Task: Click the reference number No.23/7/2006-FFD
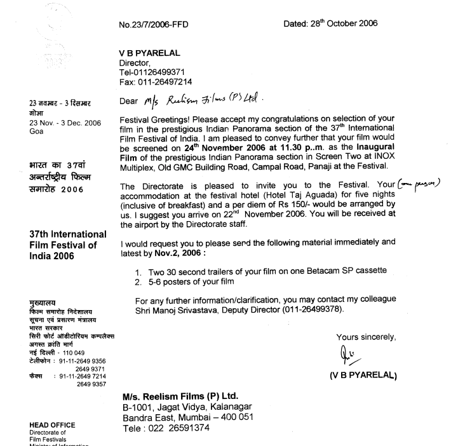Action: coord(154,25)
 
